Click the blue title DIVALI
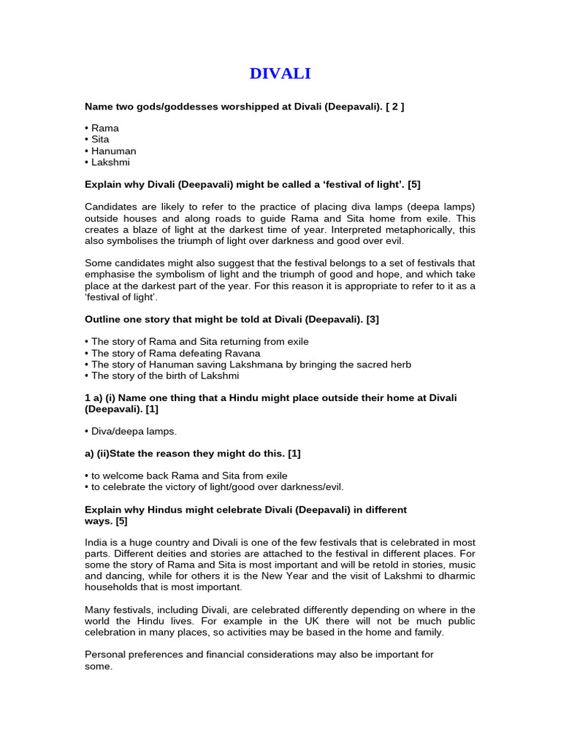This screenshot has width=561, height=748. click(280, 73)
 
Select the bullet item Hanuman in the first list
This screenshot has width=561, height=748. click(113, 151)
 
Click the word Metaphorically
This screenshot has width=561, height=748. click(419, 230)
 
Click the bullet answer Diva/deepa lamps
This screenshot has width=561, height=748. click(134, 432)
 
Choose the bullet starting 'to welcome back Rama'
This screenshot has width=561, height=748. click(186, 476)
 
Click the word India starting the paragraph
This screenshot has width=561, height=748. click(96, 542)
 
